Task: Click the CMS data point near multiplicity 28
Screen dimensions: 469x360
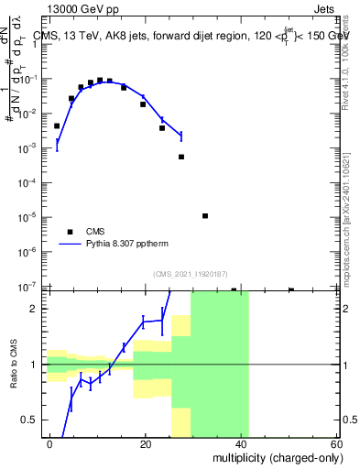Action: [181, 157]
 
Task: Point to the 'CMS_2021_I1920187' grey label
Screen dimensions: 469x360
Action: [191, 273]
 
